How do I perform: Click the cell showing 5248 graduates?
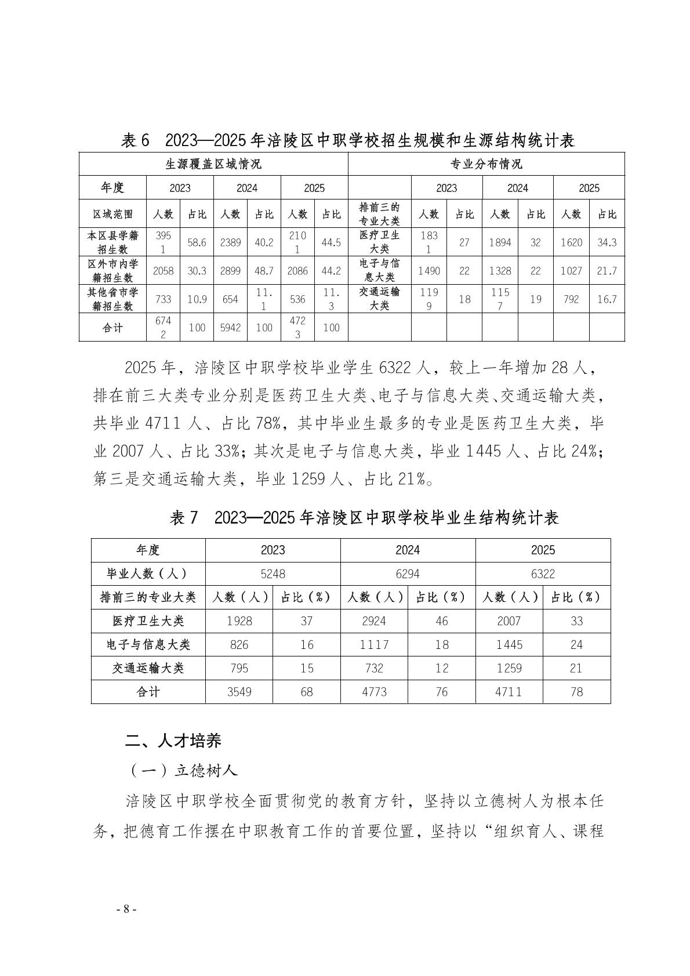[273, 574]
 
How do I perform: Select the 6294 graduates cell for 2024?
[408, 574]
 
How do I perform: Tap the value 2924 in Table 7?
[374, 621]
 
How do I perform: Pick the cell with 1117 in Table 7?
[374, 645]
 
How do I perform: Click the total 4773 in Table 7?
[374, 692]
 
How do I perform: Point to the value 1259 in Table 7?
[509, 668]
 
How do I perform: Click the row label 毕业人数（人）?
[148, 574]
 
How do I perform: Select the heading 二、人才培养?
[173, 741]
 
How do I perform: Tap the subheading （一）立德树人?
[181, 770]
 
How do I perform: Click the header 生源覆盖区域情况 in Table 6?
[213, 164]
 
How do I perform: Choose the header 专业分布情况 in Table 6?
[486, 164]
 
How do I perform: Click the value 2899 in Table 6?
[230, 271]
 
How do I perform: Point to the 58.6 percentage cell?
[197, 242]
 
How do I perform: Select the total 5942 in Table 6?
[230, 328]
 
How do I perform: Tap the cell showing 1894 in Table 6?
[500, 242]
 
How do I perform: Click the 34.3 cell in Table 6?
[607, 242]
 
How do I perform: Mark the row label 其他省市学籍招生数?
[112, 299]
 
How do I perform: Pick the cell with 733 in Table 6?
[163, 299]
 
